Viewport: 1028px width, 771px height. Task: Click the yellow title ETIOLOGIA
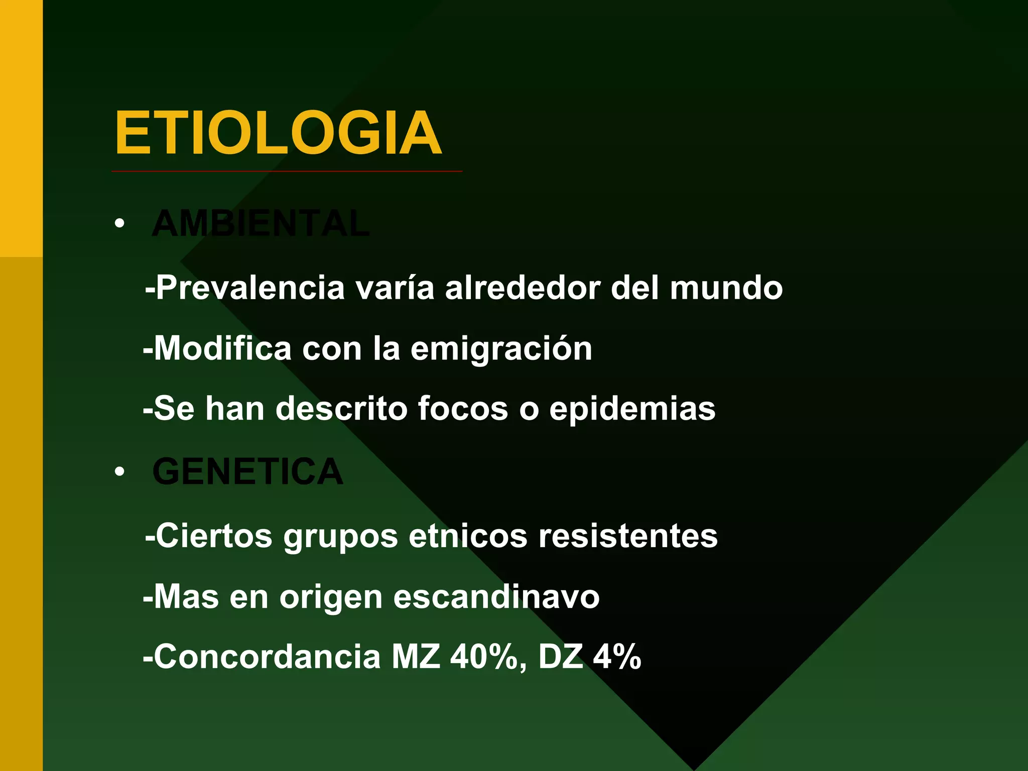coord(278,134)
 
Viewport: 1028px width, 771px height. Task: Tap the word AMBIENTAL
coord(261,223)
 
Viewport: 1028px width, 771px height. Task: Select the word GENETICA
coord(247,472)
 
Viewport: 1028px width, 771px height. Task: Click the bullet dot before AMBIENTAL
coord(119,223)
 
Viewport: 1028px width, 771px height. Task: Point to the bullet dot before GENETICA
coord(119,472)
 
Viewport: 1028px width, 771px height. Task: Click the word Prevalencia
coord(250,288)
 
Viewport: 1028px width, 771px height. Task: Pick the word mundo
coord(726,288)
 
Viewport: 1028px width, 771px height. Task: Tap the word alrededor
coord(523,288)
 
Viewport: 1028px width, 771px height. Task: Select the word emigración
coord(501,349)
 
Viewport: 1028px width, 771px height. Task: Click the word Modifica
coord(222,348)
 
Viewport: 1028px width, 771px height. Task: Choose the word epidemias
coord(632,409)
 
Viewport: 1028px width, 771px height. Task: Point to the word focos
coord(463,409)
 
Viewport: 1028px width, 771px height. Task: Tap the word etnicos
coord(468,536)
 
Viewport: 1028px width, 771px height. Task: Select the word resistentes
coord(628,536)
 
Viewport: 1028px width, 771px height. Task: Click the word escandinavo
coord(496,597)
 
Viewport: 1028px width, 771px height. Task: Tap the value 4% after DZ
coord(617,657)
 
